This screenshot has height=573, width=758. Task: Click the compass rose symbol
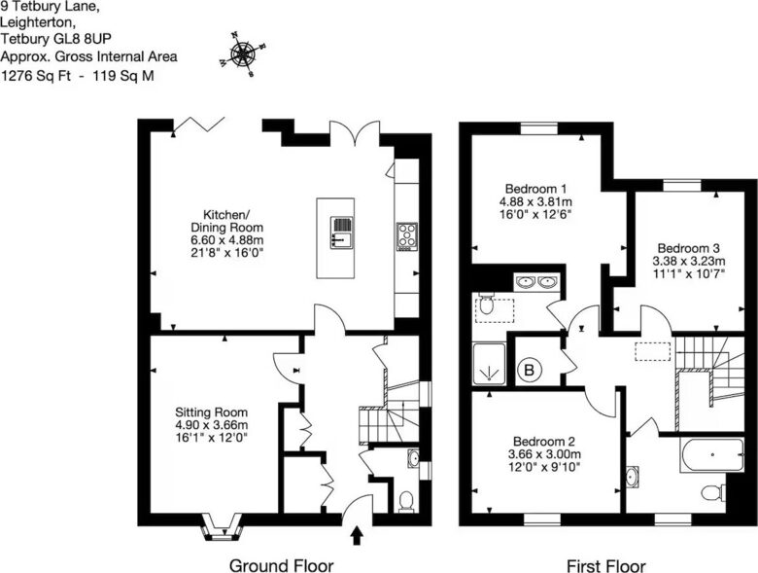(243, 54)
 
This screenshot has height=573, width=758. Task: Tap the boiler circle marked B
(530, 371)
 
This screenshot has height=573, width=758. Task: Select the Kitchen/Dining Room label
(227, 233)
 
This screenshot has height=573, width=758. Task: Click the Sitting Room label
(211, 425)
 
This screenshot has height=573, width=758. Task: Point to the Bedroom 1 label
(535, 201)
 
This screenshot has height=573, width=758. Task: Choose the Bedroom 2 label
(544, 454)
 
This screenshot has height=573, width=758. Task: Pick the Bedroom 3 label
(689, 262)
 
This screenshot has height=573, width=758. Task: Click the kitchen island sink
(342, 233)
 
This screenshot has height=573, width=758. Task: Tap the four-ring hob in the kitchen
(407, 236)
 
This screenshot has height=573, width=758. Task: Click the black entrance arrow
(357, 536)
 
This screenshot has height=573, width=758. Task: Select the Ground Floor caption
(282, 565)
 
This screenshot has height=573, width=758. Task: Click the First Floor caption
(605, 565)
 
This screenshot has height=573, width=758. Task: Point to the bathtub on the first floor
(711, 454)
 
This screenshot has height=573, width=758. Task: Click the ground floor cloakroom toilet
(406, 501)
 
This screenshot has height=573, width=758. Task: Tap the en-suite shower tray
(489, 364)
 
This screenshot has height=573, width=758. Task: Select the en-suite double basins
(536, 281)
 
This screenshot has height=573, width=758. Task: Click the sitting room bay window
(222, 527)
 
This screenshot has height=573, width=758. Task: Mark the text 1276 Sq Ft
(36, 76)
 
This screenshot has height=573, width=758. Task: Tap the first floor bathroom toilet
(712, 493)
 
